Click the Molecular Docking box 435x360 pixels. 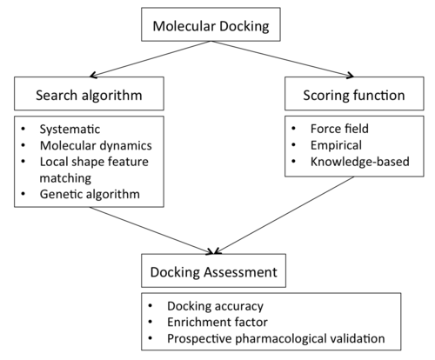(x=211, y=24)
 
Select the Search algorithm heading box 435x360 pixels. (x=89, y=93)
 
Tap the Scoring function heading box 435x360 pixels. (x=354, y=93)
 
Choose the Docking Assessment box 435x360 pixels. (x=213, y=270)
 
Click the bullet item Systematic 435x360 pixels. (x=70, y=130)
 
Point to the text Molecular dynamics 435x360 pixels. (x=96, y=145)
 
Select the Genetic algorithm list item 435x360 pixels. (x=90, y=194)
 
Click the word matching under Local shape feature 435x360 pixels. (x=65, y=178)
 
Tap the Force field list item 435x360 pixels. (x=339, y=129)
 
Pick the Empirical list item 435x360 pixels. (x=336, y=145)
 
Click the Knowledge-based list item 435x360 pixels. (x=360, y=162)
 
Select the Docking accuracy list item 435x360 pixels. (x=215, y=306)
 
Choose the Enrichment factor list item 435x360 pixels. (x=217, y=322)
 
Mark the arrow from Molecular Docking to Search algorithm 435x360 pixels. (x=151, y=59)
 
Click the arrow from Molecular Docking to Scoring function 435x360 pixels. (x=283, y=59)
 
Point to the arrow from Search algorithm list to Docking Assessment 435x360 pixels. (x=151, y=230)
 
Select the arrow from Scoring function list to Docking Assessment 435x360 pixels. (x=284, y=215)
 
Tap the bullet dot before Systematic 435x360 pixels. (x=23, y=129)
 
